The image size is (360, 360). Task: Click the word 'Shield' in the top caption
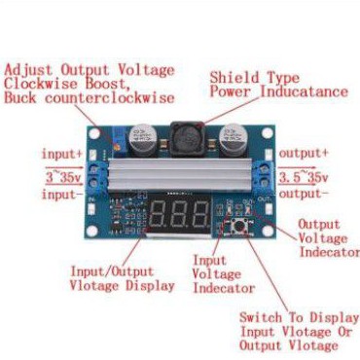(234, 77)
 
